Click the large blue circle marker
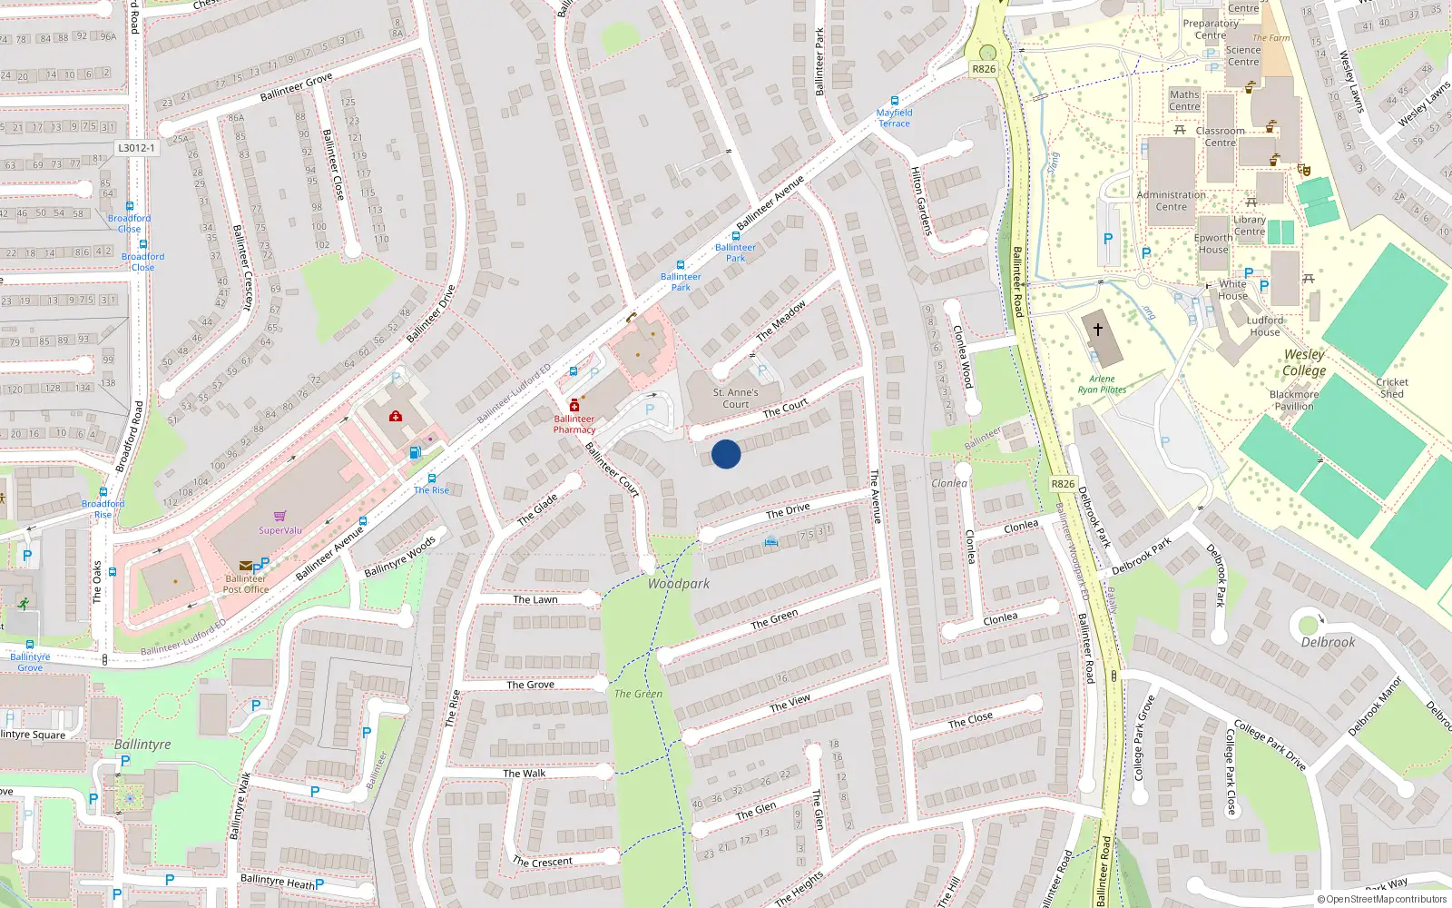coord(726,454)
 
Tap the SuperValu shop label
coord(280,530)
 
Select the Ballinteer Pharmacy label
coord(574,424)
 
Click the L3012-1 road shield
coord(136,148)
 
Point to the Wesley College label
coord(1304,362)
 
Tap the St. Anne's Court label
coord(735,399)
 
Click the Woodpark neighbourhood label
coord(679,584)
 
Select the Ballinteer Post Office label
coord(246,584)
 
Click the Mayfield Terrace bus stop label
coord(894,118)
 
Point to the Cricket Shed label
coord(1392,388)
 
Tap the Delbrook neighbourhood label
coord(1328,642)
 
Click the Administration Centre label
coord(1172,201)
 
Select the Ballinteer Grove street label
coord(296,87)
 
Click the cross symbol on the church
coord(1098,330)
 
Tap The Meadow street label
coord(781,321)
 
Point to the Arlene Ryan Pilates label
coord(1102,384)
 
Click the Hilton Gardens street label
coord(921,202)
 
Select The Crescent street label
coord(543,862)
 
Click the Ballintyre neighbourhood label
coord(142,745)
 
